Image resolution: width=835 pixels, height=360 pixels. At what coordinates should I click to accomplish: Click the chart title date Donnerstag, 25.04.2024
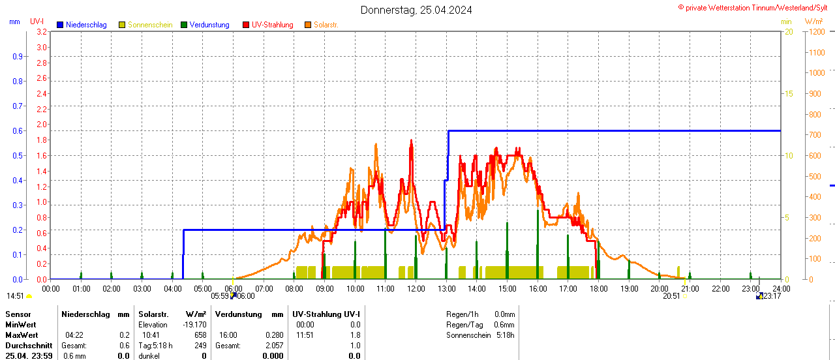click(416, 10)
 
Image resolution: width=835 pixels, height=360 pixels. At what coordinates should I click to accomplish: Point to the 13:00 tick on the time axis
click(446, 288)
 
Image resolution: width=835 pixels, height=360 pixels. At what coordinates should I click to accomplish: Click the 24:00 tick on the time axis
click(781, 288)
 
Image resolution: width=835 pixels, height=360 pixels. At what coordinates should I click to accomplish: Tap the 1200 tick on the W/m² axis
click(816, 31)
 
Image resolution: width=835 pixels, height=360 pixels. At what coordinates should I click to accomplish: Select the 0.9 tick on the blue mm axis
click(18, 56)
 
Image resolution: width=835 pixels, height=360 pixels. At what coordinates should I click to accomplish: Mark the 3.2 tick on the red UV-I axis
click(42, 31)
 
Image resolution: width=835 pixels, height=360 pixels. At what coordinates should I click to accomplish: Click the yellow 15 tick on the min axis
click(789, 93)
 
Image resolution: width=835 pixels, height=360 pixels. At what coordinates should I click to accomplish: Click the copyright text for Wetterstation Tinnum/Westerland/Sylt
click(755, 8)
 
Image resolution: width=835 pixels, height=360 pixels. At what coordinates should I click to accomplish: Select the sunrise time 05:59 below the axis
click(219, 295)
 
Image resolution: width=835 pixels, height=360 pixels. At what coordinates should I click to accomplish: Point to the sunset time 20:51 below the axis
click(671, 295)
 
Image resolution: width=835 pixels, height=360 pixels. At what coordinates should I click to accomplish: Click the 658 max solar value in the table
click(200, 335)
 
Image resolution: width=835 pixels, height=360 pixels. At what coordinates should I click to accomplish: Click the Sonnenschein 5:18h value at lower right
click(504, 335)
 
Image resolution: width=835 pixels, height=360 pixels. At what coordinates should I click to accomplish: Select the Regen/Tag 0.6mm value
click(504, 325)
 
